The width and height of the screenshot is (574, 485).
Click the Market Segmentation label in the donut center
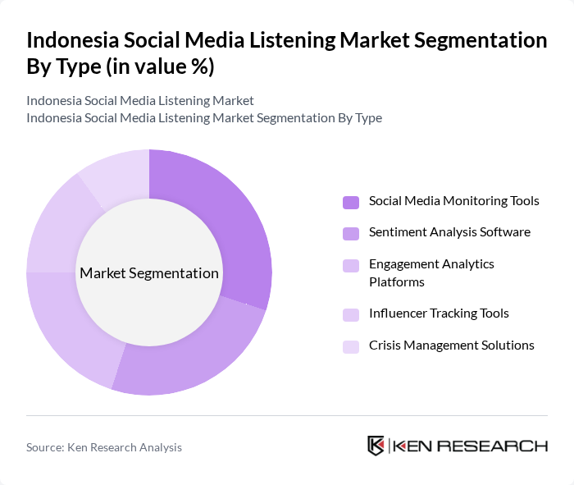148,273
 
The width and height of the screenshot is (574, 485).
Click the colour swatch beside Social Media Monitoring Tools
351,203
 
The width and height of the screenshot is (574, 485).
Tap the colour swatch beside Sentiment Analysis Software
351,234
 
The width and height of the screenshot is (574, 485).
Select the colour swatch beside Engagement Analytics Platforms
351,266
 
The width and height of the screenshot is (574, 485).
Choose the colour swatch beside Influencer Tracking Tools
351,314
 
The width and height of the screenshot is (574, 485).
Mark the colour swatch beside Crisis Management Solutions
351,346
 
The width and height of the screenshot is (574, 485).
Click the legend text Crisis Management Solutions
451,345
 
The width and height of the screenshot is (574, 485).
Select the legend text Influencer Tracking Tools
439,313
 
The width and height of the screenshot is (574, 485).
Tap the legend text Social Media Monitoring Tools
453,201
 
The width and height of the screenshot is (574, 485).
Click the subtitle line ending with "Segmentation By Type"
204,118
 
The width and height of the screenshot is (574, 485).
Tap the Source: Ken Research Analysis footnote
104,447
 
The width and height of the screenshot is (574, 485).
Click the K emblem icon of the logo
376,446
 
